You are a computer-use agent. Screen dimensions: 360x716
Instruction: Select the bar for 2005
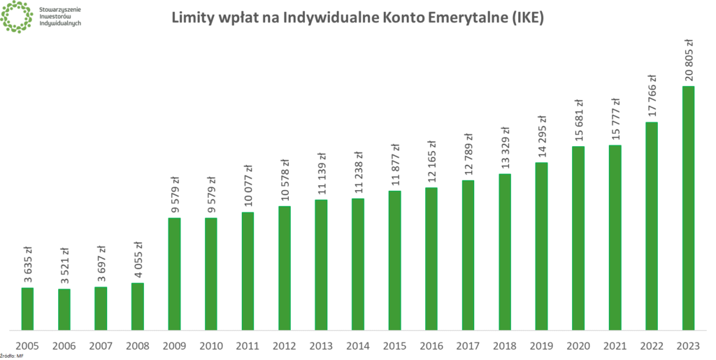click(27, 308)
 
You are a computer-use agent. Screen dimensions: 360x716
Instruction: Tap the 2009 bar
click(174, 273)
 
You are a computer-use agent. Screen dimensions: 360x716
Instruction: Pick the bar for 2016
click(431, 258)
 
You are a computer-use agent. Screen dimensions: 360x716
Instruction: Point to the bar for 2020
click(578, 238)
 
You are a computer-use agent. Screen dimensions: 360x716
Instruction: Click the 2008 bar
click(137, 305)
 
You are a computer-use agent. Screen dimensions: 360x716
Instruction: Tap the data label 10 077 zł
click(248, 185)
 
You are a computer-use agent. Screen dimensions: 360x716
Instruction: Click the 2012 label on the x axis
click(284, 345)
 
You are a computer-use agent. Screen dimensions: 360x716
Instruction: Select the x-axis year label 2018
click(504, 345)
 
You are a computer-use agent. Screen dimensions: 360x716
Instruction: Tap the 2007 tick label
click(101, 345)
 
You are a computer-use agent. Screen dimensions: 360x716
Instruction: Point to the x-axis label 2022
click(651, 345)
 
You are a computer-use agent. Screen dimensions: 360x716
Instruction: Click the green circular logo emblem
click(15, 17)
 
